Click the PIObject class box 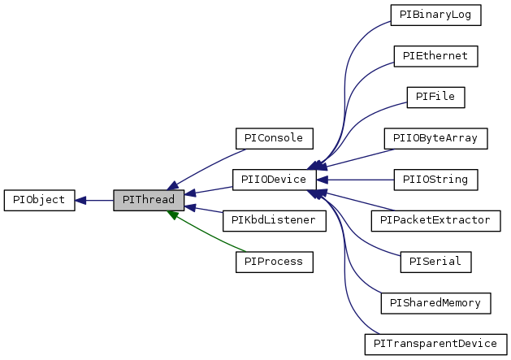(x=40, y=199)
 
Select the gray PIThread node (x=149, y=199)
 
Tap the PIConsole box (x=273, y=138)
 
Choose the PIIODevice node (x=273, y=179)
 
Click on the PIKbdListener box (x=273, y=219)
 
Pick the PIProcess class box (x=273, y=261)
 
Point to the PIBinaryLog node (x=435, y=15)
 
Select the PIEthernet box (x=435, y=56)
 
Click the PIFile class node (x=435, y=97)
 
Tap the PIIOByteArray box (x=435, y=138)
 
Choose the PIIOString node (x=435, y=179)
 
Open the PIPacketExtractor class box (x=435, y=219)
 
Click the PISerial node (x=435, y=261)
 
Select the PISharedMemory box (x=435, y=302)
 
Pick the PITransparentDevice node (x=435, y=344)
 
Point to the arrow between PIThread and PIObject (x=95, y=199)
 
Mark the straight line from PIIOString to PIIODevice (x=357, y=179)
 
